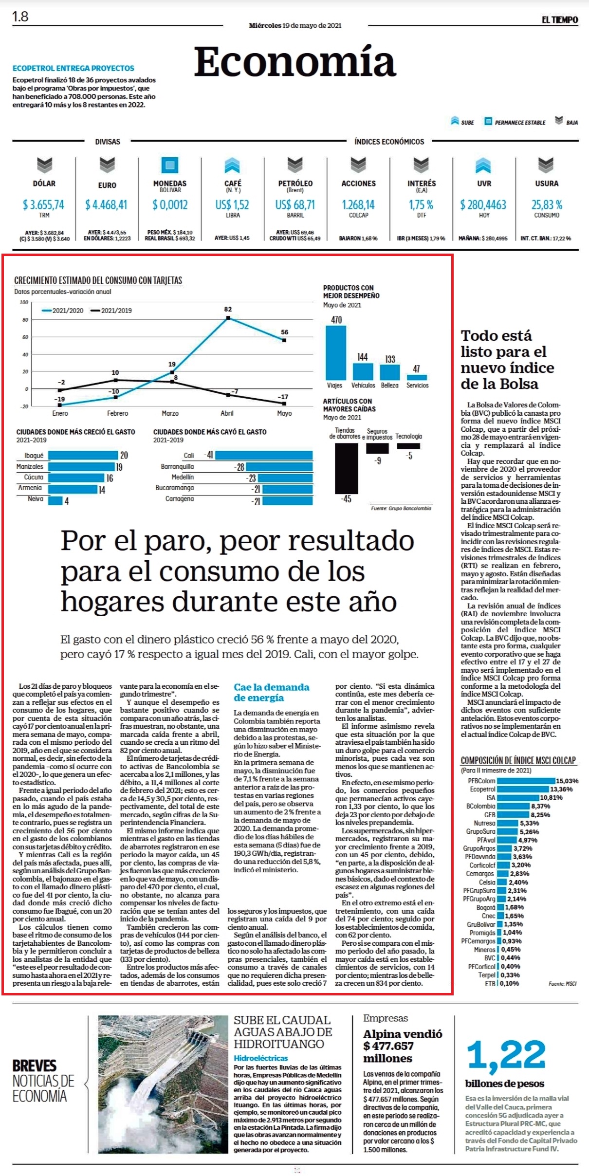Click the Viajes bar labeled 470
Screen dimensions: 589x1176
click(x=336, y=352)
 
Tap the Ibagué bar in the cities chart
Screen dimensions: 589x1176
click(x=83, y=455)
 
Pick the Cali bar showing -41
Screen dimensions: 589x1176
click(x=264, y=455)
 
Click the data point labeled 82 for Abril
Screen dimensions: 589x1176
click(x=228, y=318)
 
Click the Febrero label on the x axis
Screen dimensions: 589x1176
click(x=117, y=413)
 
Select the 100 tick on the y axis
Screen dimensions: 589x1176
click(x=24, y=302)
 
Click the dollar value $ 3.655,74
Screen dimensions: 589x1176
click(x=43, y=205)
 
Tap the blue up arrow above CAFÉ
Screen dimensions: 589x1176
click(x=232, y=165)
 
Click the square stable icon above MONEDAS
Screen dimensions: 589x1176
click(x=170, y=165)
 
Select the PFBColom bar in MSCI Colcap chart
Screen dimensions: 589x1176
click(x=526, y=781)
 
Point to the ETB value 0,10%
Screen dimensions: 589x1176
click(x=509, y=983)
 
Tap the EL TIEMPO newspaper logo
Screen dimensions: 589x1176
click(x=560, y=20)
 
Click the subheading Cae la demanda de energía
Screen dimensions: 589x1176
click(x=271, y=692)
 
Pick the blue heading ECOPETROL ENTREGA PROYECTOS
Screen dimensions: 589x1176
click(x=74, y=68)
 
